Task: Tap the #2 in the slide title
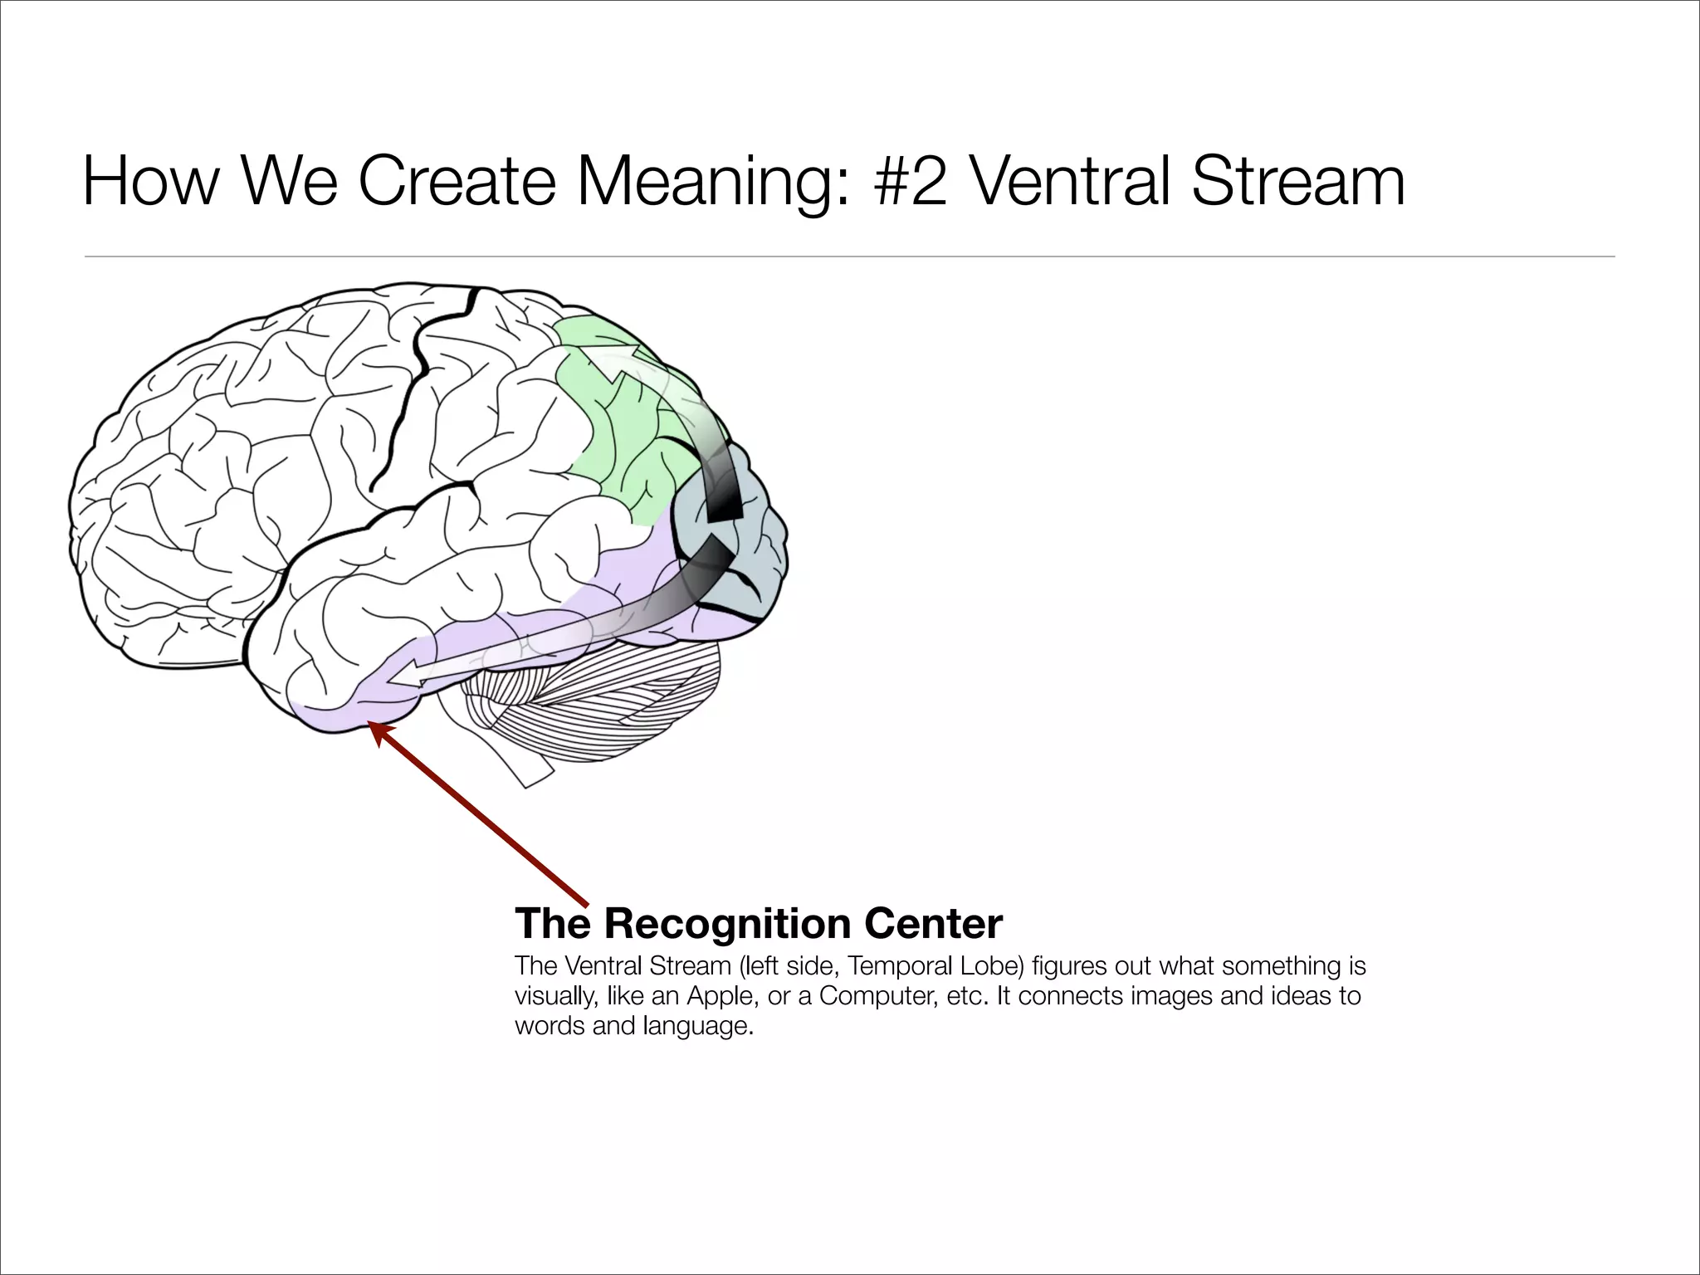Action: pyautogui.click(x=911, y=182)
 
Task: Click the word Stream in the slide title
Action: pyautogui.click(x=1299, y=182)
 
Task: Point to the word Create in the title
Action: pyautogui.click(x=456, y=182)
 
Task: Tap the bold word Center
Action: pyautogui.click(x=933, y=923)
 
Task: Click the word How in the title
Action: pyautogui.click(x=149, y=182)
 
